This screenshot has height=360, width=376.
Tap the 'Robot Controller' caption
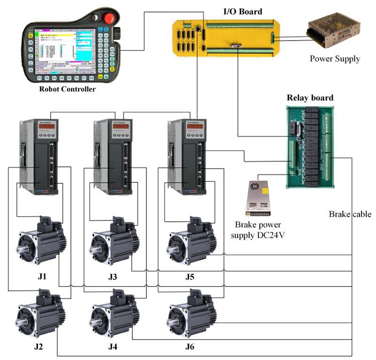click(67, 90)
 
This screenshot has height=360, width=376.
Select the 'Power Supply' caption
click(334, 59)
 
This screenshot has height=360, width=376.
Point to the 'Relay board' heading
click(310, 97)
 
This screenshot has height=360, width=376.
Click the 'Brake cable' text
click(350, 214)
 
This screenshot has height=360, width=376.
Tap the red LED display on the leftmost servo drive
click(44, 129)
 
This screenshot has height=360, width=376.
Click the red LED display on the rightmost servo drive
click(194, 129)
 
